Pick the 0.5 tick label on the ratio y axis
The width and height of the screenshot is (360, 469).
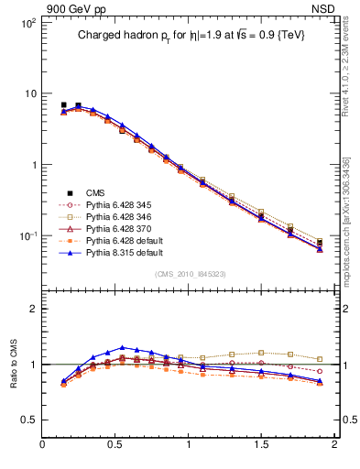coord(27,420)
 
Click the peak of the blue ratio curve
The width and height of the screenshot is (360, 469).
coord(123,347)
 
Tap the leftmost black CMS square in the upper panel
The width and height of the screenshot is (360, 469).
coord(63,105)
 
